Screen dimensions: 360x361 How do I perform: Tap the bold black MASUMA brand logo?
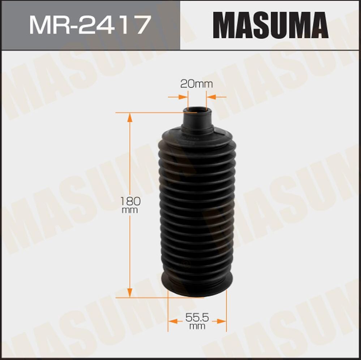270,25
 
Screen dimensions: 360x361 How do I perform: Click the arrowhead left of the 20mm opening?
184,97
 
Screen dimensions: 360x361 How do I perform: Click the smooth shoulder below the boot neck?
197,135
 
